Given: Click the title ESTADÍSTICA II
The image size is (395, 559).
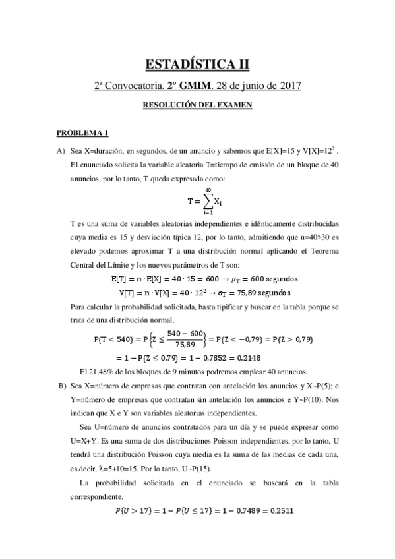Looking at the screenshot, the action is (197, 64).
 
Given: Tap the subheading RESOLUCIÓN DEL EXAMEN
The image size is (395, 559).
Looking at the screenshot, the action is (197, 105).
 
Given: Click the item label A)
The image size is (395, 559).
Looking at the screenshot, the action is (61, 151).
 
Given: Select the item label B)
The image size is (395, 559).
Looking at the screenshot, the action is (61, 386).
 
